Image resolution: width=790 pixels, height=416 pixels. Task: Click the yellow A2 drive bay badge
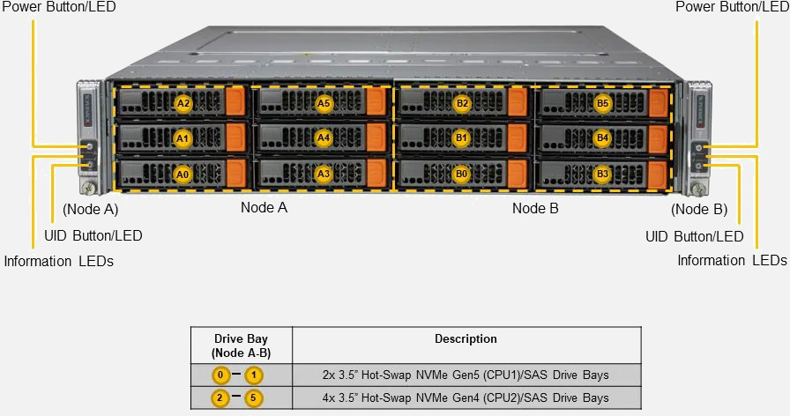(183, 103)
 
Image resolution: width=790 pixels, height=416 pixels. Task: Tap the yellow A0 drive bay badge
(183, 174)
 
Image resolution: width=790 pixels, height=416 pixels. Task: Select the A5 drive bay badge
(324, 103)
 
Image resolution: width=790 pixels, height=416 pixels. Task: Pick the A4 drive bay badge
(324, 138)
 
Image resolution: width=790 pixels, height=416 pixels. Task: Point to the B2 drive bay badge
(462, 103)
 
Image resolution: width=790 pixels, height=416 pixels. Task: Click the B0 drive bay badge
(461, 174)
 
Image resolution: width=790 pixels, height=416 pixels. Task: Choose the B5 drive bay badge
(602, 103)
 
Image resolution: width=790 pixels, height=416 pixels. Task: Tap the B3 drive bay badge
(602, 174)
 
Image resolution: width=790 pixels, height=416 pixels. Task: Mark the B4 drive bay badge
(602, 138)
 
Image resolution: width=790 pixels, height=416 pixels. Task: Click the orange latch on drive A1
(235, 137)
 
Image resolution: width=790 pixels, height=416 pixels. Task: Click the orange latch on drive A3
(376, 173)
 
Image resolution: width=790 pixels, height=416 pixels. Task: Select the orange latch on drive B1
(517, 137)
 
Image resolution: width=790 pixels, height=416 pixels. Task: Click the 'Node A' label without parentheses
(264, 208)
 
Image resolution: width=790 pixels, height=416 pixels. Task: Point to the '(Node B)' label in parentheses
(699, 210)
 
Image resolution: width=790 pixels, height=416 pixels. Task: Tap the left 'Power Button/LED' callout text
(58, 7)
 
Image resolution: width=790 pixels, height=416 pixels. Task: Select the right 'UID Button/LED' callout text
(694, 236)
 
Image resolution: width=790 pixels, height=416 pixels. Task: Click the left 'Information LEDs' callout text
(58, 261)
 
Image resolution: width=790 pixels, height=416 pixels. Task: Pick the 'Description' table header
(466, 339)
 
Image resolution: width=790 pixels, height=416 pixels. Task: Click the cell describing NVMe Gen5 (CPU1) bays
(466, 375)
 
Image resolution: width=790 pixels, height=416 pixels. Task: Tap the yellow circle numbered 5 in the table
(254, 398)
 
